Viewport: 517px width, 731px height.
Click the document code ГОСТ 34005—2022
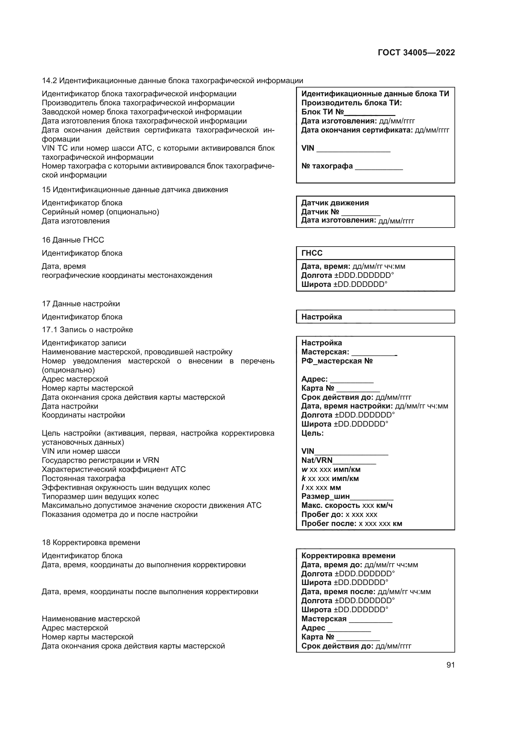tap(416, 53)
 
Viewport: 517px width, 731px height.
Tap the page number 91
tap(450, 665)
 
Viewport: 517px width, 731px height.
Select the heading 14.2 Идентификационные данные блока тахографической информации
tap(172, 81)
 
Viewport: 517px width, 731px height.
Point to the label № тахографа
tap(327, 166)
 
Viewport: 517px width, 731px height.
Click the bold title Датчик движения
tap(335, 203)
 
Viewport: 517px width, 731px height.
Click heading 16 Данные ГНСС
tap(73, 240)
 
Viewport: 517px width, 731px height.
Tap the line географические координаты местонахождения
tap(127, 275)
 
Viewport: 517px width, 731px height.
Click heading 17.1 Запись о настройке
tap(87, 329)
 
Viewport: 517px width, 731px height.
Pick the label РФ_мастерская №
tap(337, 361)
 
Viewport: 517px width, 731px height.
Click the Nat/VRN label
tap(317, 460)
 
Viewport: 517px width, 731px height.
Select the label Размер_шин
tap(325, 496)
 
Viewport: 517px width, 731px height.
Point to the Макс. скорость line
tap(347, 505)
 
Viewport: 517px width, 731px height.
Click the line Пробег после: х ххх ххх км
tap(351, 523)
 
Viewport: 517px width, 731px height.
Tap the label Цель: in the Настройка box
tap(312, 433)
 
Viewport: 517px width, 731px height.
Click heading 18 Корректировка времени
tap(91, 542)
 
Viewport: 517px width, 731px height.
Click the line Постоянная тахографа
tap(83, 478)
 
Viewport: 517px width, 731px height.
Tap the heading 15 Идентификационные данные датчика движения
tap(135, 189)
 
